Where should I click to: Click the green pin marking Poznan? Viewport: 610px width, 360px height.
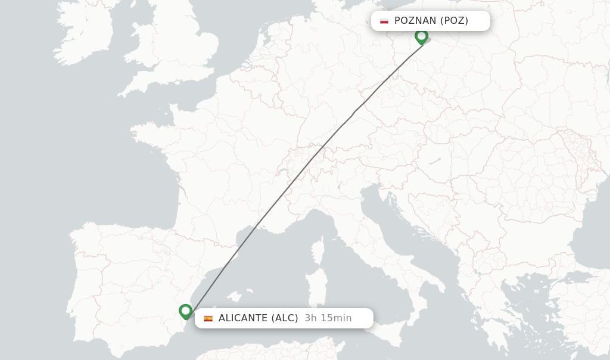click(x=421, y=36)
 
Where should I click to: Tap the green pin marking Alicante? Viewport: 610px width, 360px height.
click(x=185, y=311)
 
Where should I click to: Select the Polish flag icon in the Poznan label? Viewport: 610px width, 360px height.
click(x=384, y=21)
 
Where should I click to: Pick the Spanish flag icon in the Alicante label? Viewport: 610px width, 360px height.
click(x=208, y=318)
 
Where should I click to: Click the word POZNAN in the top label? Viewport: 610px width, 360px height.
click(x=415, y=21)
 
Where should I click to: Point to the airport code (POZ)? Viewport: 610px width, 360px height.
click(x=455, y=21)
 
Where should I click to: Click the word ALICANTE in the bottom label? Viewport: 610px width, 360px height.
click(x=242, y=318)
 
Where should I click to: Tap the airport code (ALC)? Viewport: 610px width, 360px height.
click(x=285, y=318)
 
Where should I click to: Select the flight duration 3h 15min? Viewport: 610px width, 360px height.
click(x=328, y=318)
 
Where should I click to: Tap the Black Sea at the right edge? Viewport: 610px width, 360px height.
click(x=590, y=238)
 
